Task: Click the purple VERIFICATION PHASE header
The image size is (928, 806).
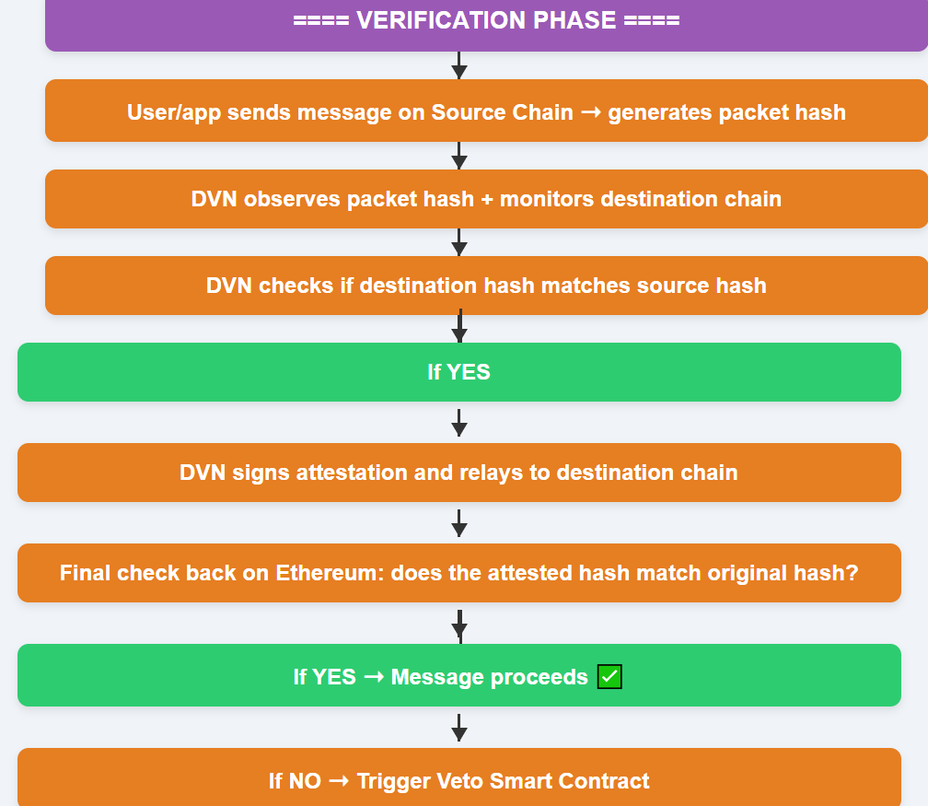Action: pyautogui.click(x=486, y=24)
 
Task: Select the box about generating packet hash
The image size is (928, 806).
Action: pyautogui.click(x=486, y=111)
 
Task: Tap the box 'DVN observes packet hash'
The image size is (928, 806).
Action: pyautogui.click(x=486, y=199)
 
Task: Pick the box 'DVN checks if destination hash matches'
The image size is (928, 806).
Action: pyautogui.click(x=486, y=286)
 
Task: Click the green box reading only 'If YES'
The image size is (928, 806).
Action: pyautogui.click(x=459, y=372)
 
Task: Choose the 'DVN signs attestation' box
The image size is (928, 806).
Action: pyautogui.click(x=459, y=473)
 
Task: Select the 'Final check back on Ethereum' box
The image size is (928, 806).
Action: pyautogui.click(x=459, y=573)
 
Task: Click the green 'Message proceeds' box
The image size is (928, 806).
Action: pyautogui.click(x=459, y=675)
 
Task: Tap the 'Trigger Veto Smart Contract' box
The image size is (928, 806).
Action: pyautogui.click(x=459, y=777)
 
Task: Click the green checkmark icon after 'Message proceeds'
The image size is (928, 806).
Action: pyautogui.click(x=609, y=677)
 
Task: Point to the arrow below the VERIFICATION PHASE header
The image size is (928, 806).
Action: pyautogui.click(x=459, y=65)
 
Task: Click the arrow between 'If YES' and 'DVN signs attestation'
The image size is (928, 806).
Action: pyautogui.click(x=459, y=423)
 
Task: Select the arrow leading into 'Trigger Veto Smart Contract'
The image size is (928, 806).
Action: pyautogui.click(x=459, y=728)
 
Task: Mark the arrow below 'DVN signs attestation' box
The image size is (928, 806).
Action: pyautogui.click(x=459, y=523)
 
